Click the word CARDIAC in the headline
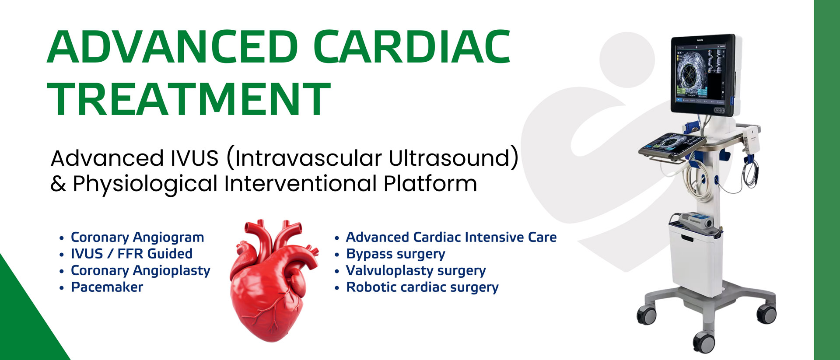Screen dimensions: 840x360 (x=412, y=47)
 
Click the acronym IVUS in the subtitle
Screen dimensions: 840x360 (x=195, y=158)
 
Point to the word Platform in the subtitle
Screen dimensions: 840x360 (x=430, y=183)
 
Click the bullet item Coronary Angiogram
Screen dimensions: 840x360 (x=137, y=238)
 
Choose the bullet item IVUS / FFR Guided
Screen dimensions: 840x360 (x=132, y=254)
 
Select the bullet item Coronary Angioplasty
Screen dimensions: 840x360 (x=140, y=271)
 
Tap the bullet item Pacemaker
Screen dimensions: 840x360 (x=107, y=287)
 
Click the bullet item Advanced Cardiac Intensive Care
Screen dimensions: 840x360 (x=451, y=237)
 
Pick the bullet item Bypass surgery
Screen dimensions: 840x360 (x=395, y=254)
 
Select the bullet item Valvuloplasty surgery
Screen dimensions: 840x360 (x=416, y=271)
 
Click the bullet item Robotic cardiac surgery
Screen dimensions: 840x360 (x=422, y=287)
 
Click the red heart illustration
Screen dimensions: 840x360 (x=273, y=280)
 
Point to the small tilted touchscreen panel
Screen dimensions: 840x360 (x=672, y=145)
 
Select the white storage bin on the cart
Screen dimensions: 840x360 (x=696, y=259)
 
